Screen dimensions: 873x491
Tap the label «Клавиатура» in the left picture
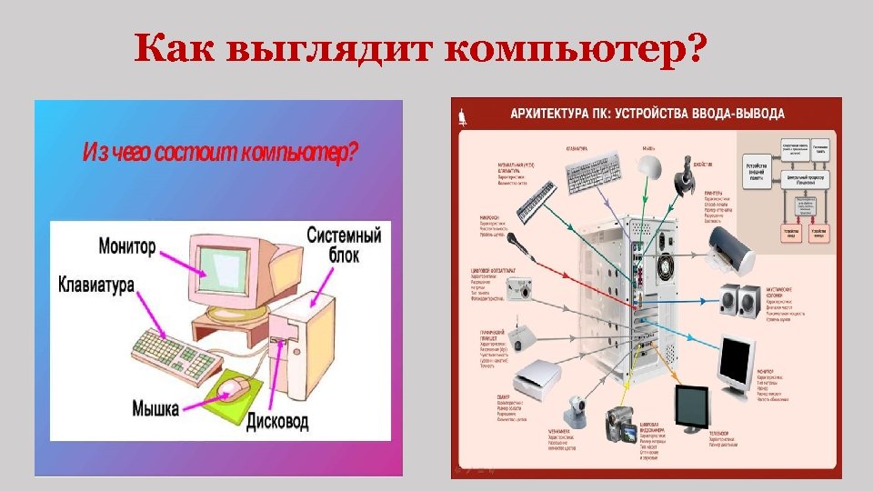(96, 285)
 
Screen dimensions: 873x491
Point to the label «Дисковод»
(277, 421)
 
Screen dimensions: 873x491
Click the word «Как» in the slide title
(173, 49)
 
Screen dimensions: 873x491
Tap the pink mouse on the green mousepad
(231, 388)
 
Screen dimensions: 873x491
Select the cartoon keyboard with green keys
(174, 354)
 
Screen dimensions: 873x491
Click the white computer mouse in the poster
(647, 165)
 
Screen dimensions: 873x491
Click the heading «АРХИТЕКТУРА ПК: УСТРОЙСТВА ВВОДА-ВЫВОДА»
(647, 115)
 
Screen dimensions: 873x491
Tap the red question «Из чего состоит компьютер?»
(220, 152)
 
